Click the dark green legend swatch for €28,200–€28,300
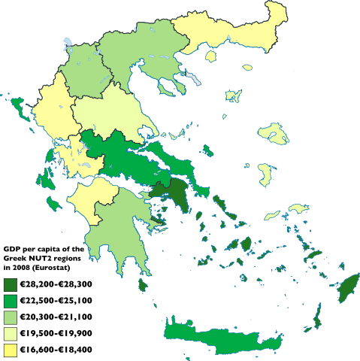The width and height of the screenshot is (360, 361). click(11, 284)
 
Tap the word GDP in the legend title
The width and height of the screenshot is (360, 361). click(12, 248)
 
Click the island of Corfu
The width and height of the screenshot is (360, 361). click(17, 113)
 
